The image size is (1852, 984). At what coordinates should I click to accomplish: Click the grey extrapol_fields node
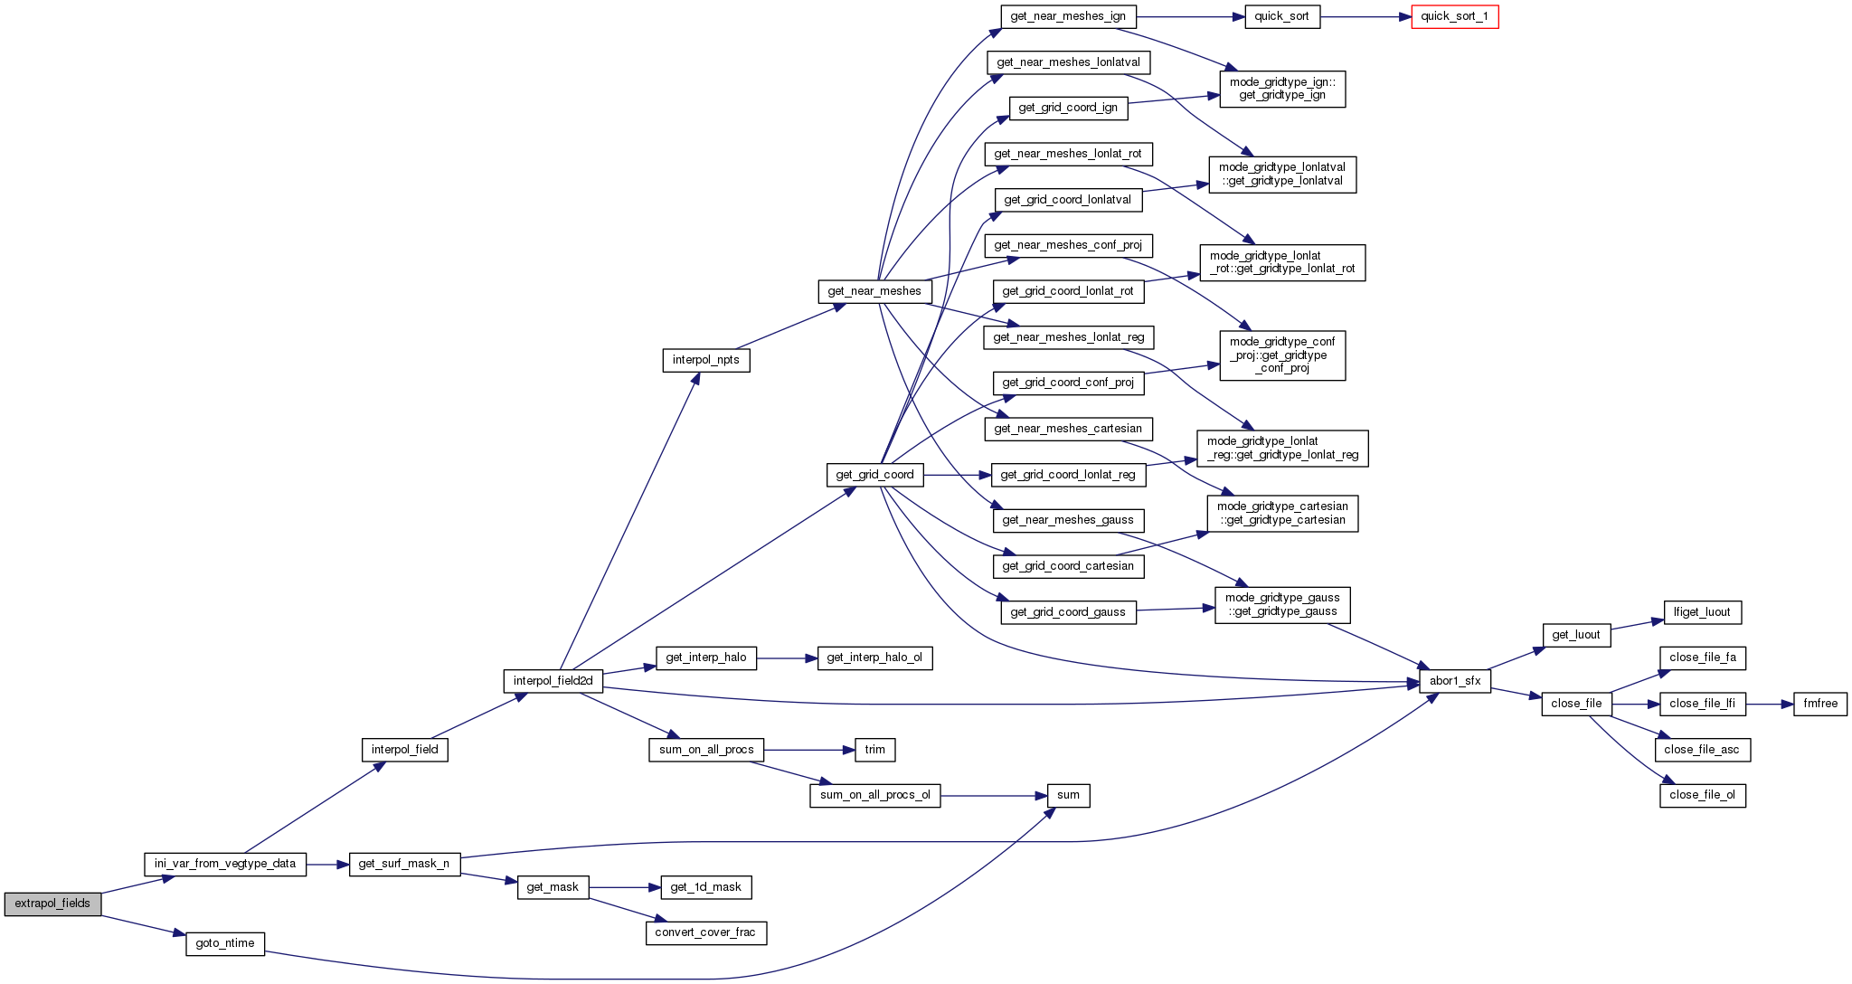52,904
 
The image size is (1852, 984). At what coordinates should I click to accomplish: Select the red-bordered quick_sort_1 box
1454,17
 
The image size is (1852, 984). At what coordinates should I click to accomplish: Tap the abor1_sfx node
1454,681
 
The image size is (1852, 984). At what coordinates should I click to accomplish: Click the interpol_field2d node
553,681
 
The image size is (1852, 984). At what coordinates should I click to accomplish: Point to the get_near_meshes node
874,291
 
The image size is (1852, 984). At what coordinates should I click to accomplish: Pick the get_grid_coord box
874,475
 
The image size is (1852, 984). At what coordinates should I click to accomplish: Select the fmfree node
1820,704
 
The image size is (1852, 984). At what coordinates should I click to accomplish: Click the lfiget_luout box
1702,612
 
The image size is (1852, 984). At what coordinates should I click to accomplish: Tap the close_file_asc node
1702,750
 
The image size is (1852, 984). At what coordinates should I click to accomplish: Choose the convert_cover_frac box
705,932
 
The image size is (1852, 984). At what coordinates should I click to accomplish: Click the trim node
874,750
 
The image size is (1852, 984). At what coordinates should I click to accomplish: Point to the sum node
1068,796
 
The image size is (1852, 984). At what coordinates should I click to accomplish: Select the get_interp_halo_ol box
874,658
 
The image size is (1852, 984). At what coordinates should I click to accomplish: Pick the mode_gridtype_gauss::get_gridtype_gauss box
1282,605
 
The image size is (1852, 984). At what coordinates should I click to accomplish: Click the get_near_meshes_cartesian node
1068,429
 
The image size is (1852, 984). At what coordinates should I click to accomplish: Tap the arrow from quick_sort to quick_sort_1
1365,17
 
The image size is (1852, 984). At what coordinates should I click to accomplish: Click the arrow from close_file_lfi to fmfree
1769,704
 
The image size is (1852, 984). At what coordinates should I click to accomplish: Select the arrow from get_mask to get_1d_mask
624,887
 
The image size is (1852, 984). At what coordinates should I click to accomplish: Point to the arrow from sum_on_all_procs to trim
809,750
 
